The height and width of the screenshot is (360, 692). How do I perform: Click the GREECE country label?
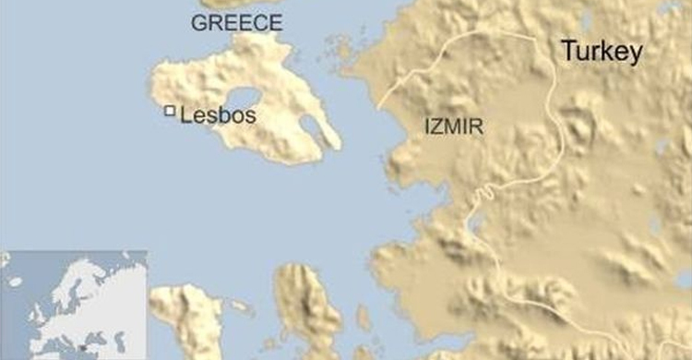pyautogui.click(x=236, y=23)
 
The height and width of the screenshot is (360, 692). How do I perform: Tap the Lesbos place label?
pyautogui.click(x=218, y=117)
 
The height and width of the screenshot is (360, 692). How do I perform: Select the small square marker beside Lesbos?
pyautogui.click(x=170, y=111)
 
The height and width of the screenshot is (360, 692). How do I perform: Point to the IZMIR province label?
pyautogui.click(x=454, y=126)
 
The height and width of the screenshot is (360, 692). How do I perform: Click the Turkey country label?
pyautogui.click(x=602, y=54)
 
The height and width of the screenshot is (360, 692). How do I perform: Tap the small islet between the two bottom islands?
pyautogui.click(x=243, y=306)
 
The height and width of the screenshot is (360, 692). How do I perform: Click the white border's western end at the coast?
pyautogui.click(x=378, y=107)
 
